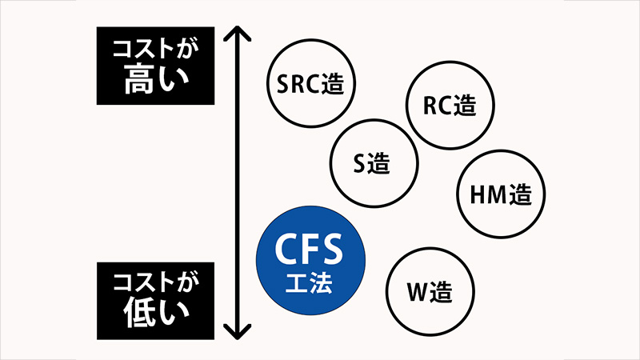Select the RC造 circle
449,105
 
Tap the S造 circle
374,163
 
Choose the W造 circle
430,290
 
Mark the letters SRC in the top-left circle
298,83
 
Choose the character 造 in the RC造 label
463,105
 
